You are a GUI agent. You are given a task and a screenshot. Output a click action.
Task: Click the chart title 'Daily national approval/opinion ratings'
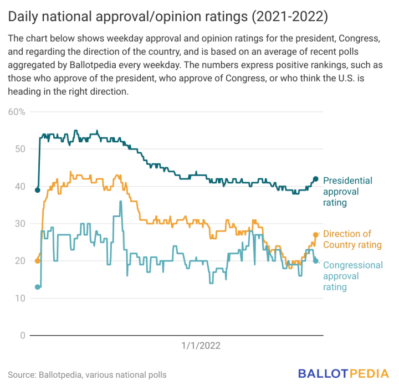point(168,17)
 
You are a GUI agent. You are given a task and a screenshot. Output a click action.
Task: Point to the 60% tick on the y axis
point(17,112)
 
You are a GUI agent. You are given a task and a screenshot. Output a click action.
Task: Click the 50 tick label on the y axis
point(19,149)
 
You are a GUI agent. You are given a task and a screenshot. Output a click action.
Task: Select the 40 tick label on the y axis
point(19,187)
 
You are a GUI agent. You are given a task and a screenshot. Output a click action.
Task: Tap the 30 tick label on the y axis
point(19,224)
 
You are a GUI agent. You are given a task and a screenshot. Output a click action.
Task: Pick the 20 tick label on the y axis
point(19,261)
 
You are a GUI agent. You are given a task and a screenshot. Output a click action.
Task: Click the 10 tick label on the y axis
point(19,299)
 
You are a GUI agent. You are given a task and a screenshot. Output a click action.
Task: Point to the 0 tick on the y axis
point(22,336)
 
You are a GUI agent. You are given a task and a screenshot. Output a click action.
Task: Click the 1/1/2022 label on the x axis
point(201,346)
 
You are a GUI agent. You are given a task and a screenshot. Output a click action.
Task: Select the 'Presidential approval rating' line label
point(347,192)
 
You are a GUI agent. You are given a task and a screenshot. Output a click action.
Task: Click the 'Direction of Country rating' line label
point(352,239)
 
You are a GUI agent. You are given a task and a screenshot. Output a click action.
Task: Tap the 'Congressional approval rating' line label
point(352,276)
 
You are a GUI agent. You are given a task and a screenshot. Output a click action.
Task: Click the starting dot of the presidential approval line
point(38,190)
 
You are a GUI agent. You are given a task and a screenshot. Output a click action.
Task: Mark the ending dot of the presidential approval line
point(316,179)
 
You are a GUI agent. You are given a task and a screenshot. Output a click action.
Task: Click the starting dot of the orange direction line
point(38,261)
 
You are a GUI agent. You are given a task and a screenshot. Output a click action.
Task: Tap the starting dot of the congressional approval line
point(38,287)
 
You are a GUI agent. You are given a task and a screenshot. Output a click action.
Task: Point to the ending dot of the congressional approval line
point(316,261)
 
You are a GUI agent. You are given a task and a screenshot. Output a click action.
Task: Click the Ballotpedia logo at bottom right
point(344,373)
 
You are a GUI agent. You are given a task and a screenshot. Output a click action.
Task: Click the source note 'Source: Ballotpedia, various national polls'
point(87,375)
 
